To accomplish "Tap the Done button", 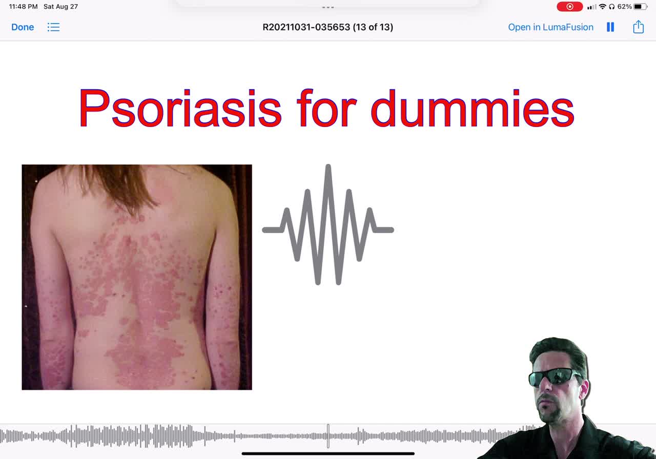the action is [23, 27].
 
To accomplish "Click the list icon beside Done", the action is [54, 27].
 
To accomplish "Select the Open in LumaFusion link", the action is [550, 27].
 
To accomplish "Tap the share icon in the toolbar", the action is [638, 27].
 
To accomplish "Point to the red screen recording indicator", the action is [569, 7].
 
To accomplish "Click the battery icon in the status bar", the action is [640, 7].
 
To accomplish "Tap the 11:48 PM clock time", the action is [24, 7].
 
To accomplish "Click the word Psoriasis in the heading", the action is [180, 108].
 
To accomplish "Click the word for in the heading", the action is [326, 108].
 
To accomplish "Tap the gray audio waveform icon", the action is [328, 224].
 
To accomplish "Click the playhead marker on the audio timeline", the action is [328, 436].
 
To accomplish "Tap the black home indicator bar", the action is [328, 454].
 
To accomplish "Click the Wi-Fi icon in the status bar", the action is [602, 7].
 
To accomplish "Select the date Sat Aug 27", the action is [60, 7].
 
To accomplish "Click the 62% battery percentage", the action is [624, 7].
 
